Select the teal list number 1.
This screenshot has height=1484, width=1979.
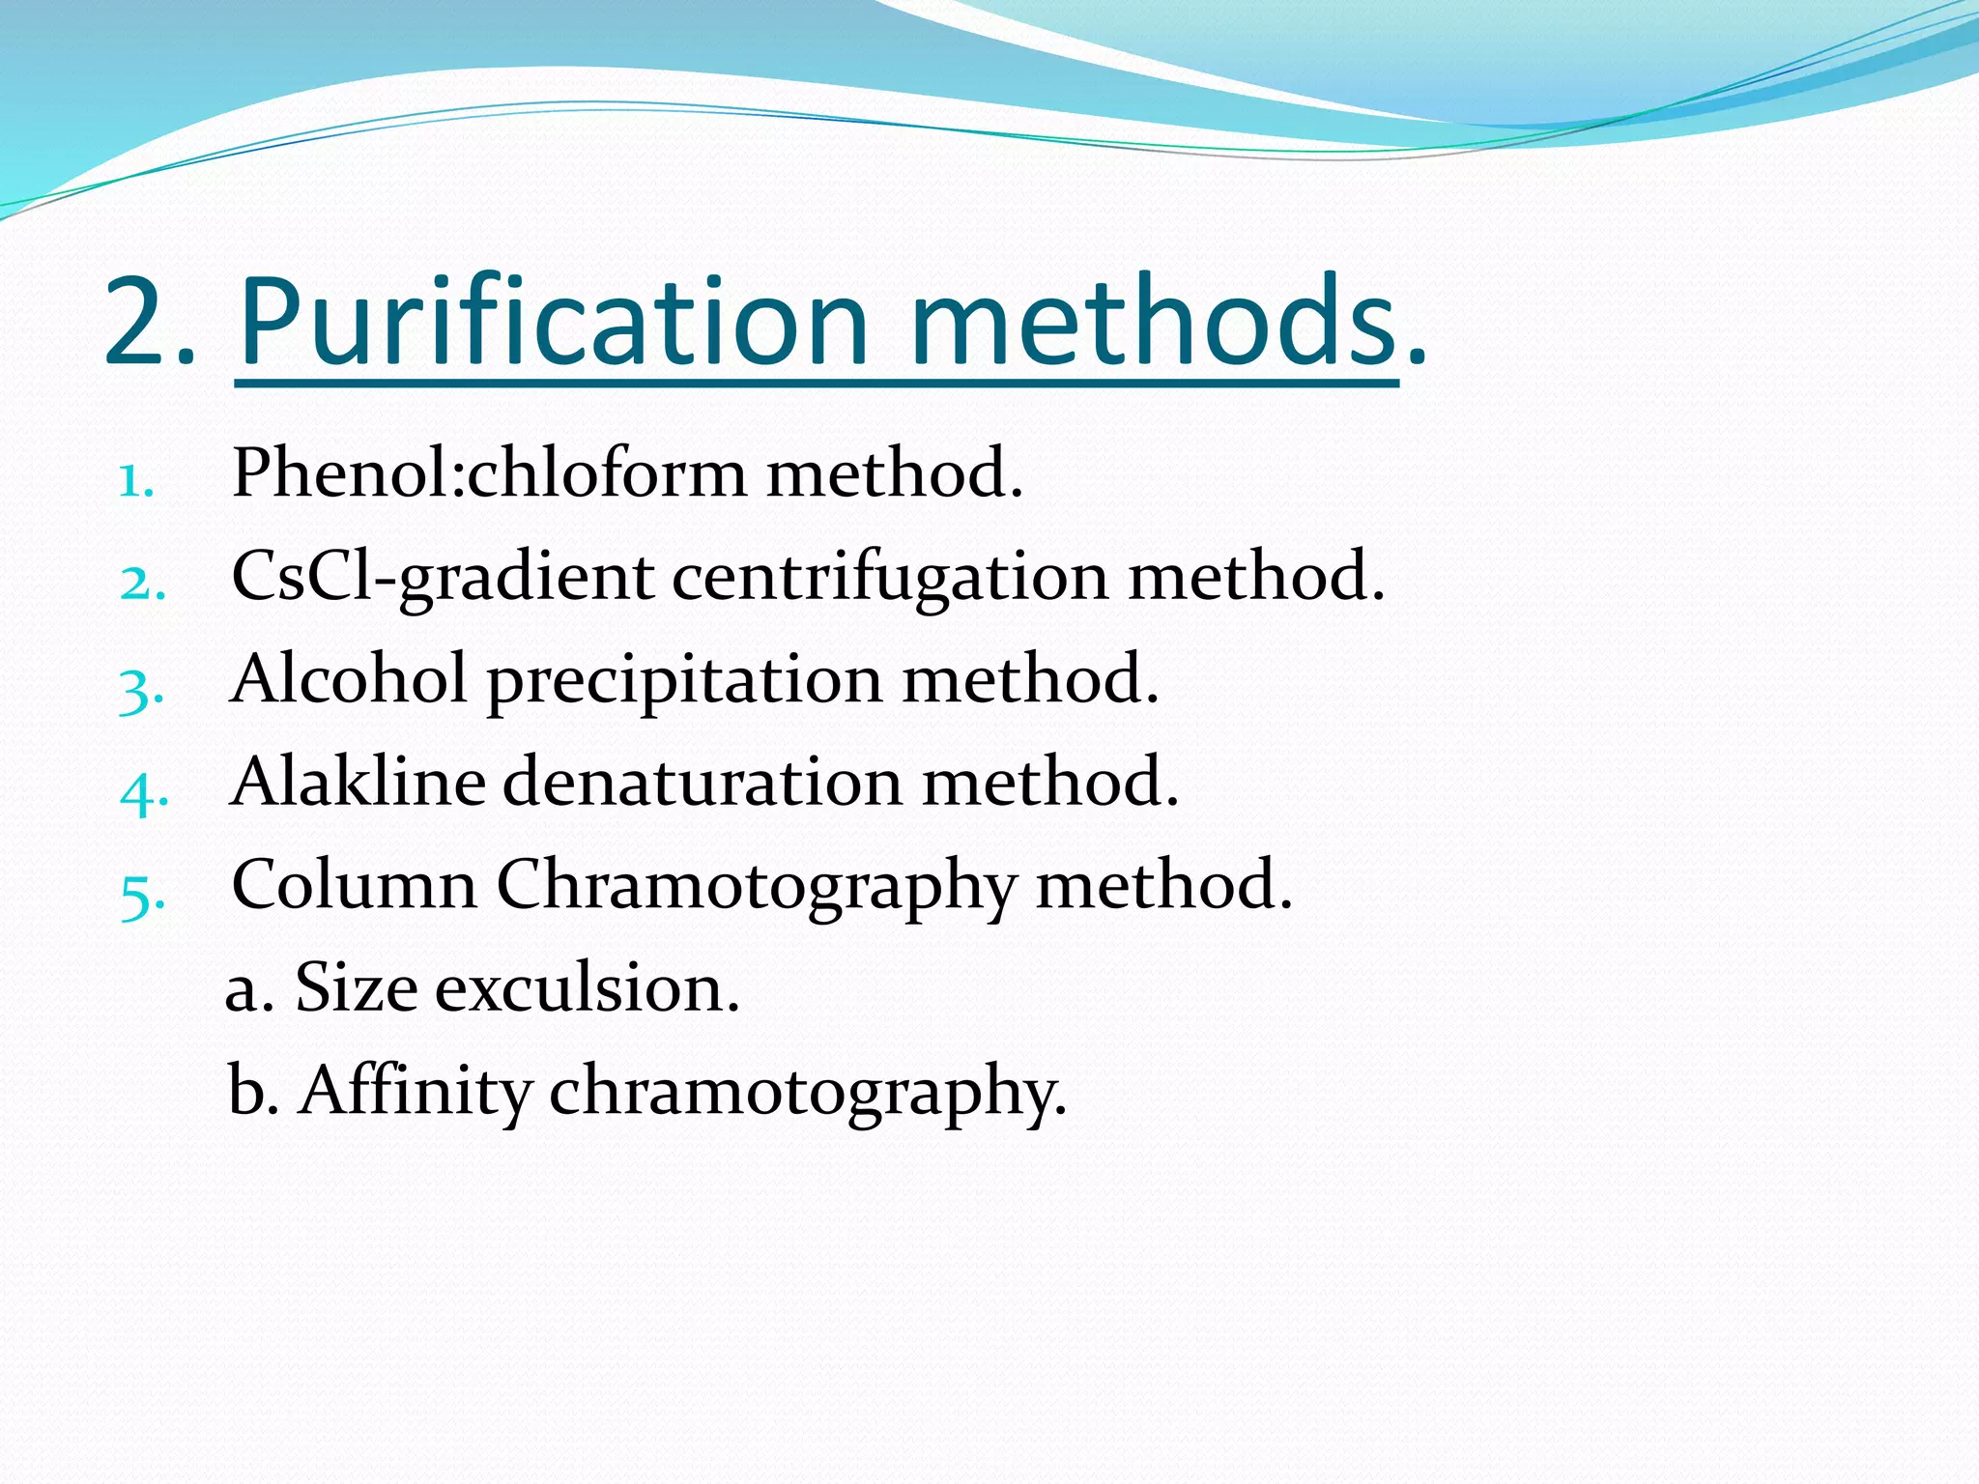tap(136, 480)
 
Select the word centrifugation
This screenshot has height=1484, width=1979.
tap(890, 577)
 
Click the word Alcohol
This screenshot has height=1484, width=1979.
tap(349, 678)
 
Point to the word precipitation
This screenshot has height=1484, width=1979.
tap(684, 681)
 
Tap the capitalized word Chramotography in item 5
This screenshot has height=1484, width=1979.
tap(756, 887)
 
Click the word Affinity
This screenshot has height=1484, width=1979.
tap(416, 1092)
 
